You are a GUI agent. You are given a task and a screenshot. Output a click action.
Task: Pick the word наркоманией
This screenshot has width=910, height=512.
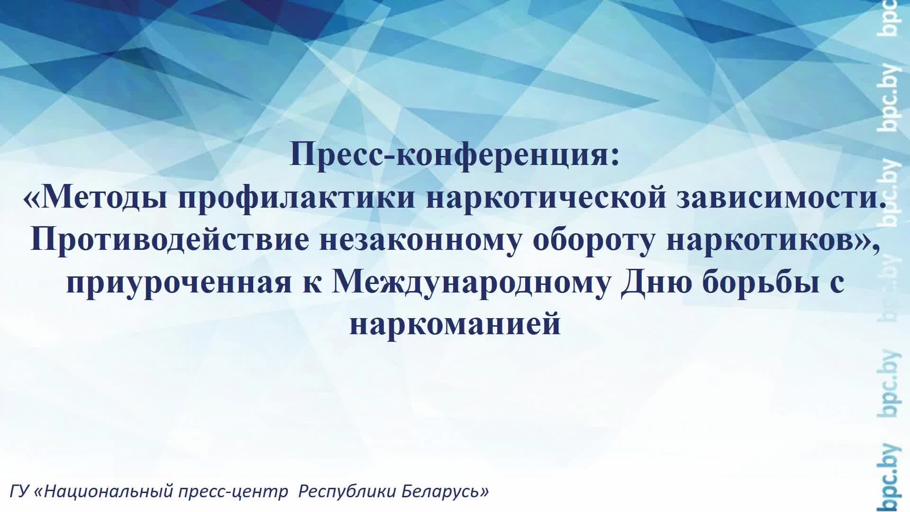pos(455,325)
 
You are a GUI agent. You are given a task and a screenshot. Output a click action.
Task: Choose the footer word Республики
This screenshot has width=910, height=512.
pos(347,492)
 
